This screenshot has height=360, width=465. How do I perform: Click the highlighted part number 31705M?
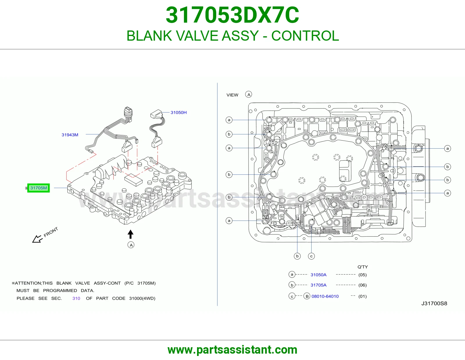(x=39, y=188)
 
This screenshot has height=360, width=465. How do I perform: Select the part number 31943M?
(x=70, y=135)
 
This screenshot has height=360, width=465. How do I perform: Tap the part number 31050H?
(x=178, y=112)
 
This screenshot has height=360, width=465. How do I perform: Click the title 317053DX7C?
(x=233, y=15)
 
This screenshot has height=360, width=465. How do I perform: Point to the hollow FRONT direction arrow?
(x=37, y=239)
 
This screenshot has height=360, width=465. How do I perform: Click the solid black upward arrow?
(x=130, y=234)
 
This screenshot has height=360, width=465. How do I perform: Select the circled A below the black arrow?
(x=131, y=245)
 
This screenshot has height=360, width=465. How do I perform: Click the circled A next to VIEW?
(x=249, y=94)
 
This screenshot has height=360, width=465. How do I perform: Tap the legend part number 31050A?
(x=319, y=275)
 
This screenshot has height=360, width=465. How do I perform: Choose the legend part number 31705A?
(x=319, y=285)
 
